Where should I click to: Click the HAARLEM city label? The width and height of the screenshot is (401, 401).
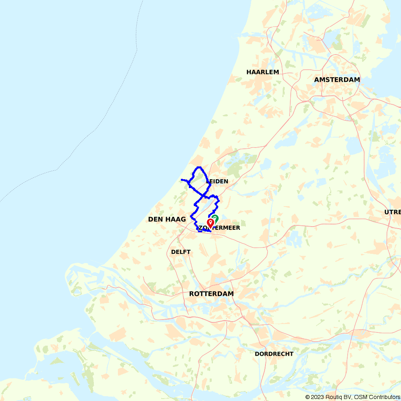pyautogui.click(x=263, y=72)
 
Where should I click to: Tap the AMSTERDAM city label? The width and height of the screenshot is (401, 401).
pyautogui.click(x=337, y=80)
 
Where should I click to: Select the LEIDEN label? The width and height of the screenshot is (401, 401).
pyautogui.click(x=218, y=181)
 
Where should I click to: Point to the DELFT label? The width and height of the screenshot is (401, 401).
pyautogui.click(x=181, y=252)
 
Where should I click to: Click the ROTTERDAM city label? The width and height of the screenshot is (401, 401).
pyautogui.click(x=211, y=294)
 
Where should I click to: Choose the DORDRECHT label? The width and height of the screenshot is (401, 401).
pyautogui.click(x=274, y=354)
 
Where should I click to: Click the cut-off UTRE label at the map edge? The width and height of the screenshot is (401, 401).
pyautogui.click(x=392, y=212)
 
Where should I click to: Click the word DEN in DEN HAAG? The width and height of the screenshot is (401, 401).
pyautogui.click(x=156, y=219)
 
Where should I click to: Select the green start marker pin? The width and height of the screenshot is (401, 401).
pyautogui.click(x=215, y=218)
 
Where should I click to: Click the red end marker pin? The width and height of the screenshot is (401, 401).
pyautogui.click(x=210, y=223)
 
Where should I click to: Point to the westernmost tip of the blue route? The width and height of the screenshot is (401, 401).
pyautogui.click(x=182, y=180)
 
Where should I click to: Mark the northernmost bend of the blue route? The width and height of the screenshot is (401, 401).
pyautogui.click(x=198, y=167)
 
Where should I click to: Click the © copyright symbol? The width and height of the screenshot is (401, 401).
pyautogui.click(x=308, y=397)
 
